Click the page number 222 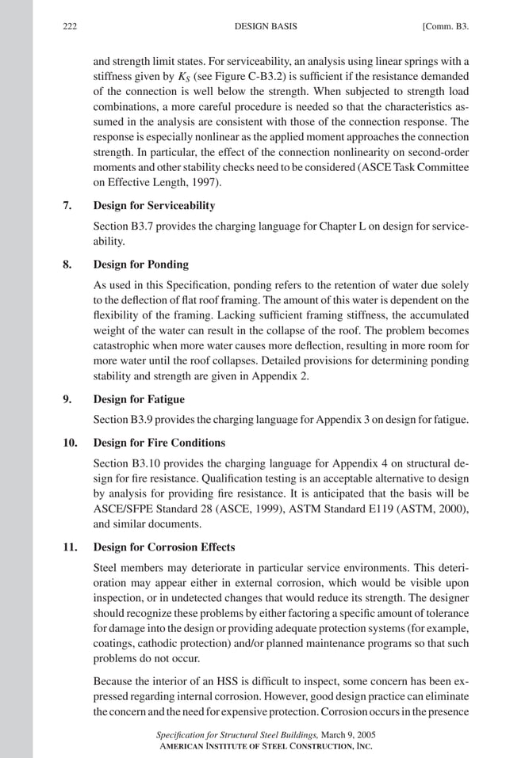(69, 26)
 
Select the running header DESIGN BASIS (266, 26)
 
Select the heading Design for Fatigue (139, 399)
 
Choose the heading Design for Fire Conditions (159, 443)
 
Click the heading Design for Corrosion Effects (166, 547)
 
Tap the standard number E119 (369, 509)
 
